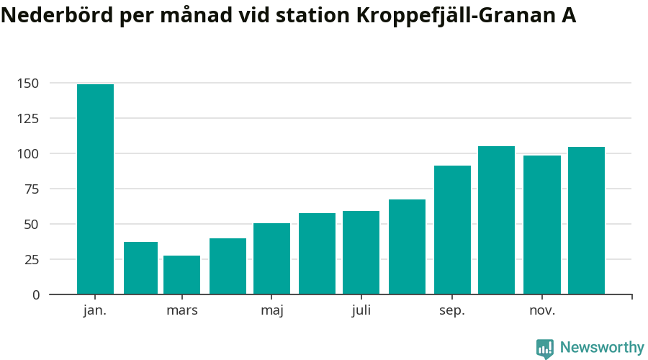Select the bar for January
[95, 189]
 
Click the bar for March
[181, 275]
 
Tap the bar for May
[271, 258]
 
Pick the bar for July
[361, 253]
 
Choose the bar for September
[452, 230]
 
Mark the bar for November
[541, 225]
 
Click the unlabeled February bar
[140, 268]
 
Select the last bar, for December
[586, 220]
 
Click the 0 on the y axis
[36, 295]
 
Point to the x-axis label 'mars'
[181, 311]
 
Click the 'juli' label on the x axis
[361, 311]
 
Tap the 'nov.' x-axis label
[541, 311]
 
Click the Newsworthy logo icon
[545, 348]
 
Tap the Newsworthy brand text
[602, 348]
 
